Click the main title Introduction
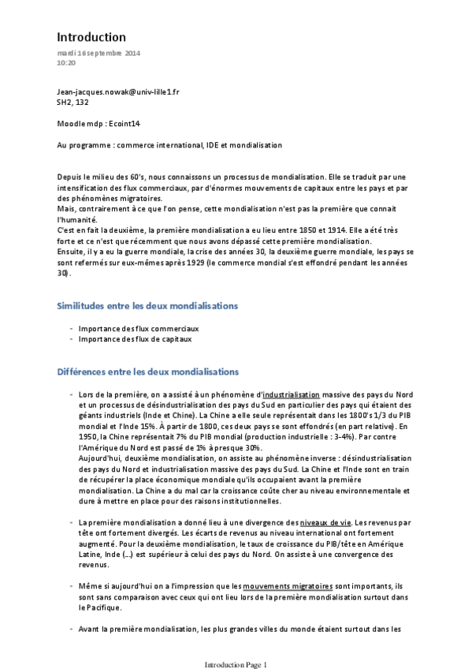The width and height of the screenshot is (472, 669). coord(91,37)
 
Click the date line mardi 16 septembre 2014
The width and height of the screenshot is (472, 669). coord(98,52)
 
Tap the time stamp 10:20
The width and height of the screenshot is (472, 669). coord(66,62)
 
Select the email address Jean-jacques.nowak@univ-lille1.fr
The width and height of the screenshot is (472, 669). coord(118,92)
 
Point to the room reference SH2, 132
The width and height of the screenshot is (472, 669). coord(76,102)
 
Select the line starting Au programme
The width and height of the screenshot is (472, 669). coord(169,145)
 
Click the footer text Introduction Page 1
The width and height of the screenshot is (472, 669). coord(236,664)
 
